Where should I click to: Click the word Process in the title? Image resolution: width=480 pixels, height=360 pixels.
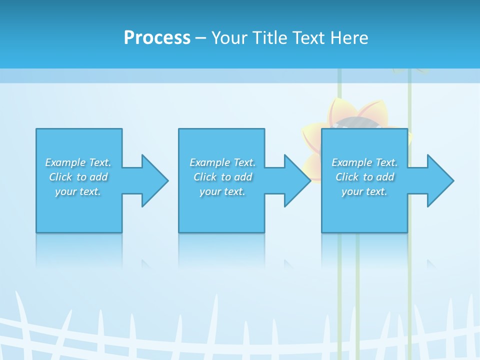coord(157,38)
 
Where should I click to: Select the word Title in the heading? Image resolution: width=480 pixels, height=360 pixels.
coord(268,38)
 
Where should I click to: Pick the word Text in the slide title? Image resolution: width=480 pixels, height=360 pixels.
coord(309,38)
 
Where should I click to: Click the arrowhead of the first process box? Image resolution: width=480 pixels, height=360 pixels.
coord(154,180)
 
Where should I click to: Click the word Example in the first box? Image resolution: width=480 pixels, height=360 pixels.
coord(65,162)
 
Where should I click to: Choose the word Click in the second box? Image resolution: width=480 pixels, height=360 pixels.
coord(205,177)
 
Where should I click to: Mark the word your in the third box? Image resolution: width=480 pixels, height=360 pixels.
coord(352,191)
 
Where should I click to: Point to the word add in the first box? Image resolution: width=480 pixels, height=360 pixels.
coord(99,177)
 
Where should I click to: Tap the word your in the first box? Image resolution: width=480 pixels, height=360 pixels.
coord(65,191)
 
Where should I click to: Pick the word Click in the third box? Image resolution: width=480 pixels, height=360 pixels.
coord(347,177)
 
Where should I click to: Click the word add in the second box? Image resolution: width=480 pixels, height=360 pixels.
coord(243,177)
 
